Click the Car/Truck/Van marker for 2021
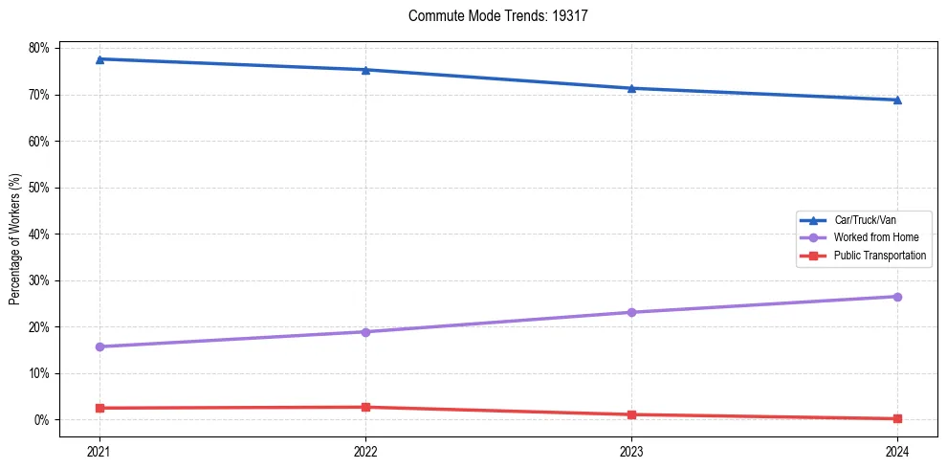99,59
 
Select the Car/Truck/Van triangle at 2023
631,88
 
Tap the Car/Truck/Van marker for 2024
897,100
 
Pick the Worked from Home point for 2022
365,332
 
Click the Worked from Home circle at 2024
897,297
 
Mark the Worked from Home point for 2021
99,346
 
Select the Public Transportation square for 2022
365,407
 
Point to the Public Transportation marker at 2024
897,418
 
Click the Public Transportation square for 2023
631,414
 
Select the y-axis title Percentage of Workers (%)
15,239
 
